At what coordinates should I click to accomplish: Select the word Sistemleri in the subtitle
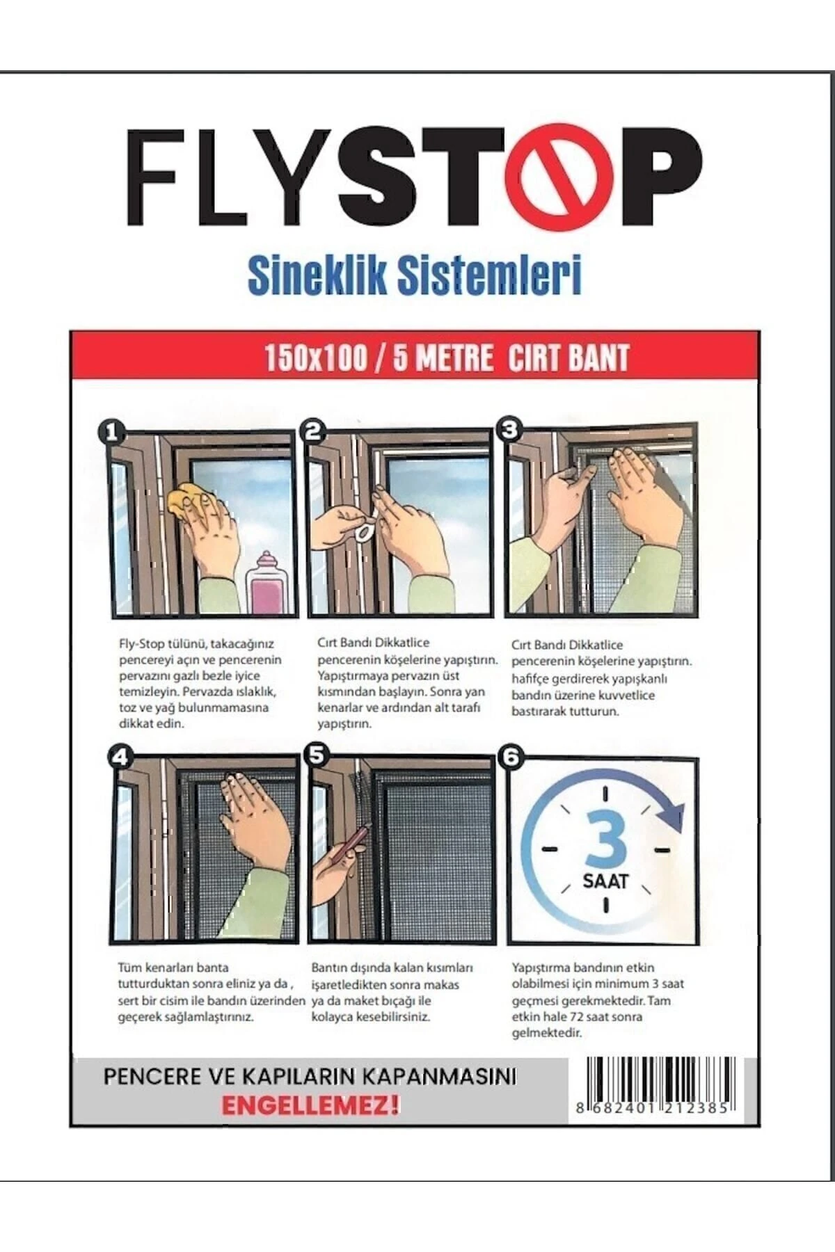pos(488,277)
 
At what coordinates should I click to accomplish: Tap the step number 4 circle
pos(120,757)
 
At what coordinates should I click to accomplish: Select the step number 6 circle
pos(513,757)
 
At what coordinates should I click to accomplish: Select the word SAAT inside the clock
pos(605,881)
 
